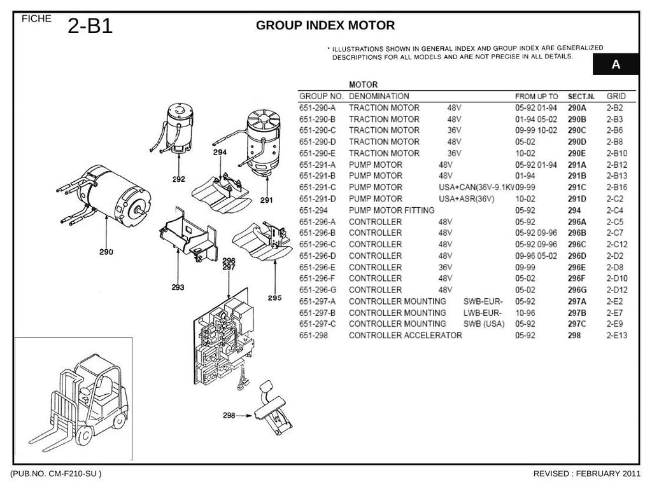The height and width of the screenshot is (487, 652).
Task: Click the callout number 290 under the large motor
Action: [106, 252]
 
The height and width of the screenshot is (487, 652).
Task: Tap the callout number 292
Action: [179, 179]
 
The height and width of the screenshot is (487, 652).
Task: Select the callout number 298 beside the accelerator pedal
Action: [229, 415]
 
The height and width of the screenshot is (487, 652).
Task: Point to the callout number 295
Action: [275, 298]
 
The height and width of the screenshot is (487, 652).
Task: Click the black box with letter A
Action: [616, 64]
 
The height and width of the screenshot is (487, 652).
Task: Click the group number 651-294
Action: [313, 210]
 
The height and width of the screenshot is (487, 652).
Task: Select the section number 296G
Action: [577, 290]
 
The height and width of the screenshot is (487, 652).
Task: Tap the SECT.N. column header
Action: [581, 97]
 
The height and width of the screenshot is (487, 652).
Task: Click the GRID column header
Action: [616, 97]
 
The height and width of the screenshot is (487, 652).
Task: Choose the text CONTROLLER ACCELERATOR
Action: [406, 336]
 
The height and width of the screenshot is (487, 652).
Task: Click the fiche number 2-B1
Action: [90, 26]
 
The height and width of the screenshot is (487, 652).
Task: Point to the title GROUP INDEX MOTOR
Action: [325, 25]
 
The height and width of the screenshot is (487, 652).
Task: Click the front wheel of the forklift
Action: [85, 436]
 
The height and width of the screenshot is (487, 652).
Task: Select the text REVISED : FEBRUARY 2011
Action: [586, 474]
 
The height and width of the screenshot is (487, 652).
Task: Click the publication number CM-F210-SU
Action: [72, 474]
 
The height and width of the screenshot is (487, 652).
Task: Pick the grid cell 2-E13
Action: [616, 336]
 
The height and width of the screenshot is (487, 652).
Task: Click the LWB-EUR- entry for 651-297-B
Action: [483, 313]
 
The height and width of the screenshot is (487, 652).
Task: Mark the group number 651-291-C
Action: [317, 188]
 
